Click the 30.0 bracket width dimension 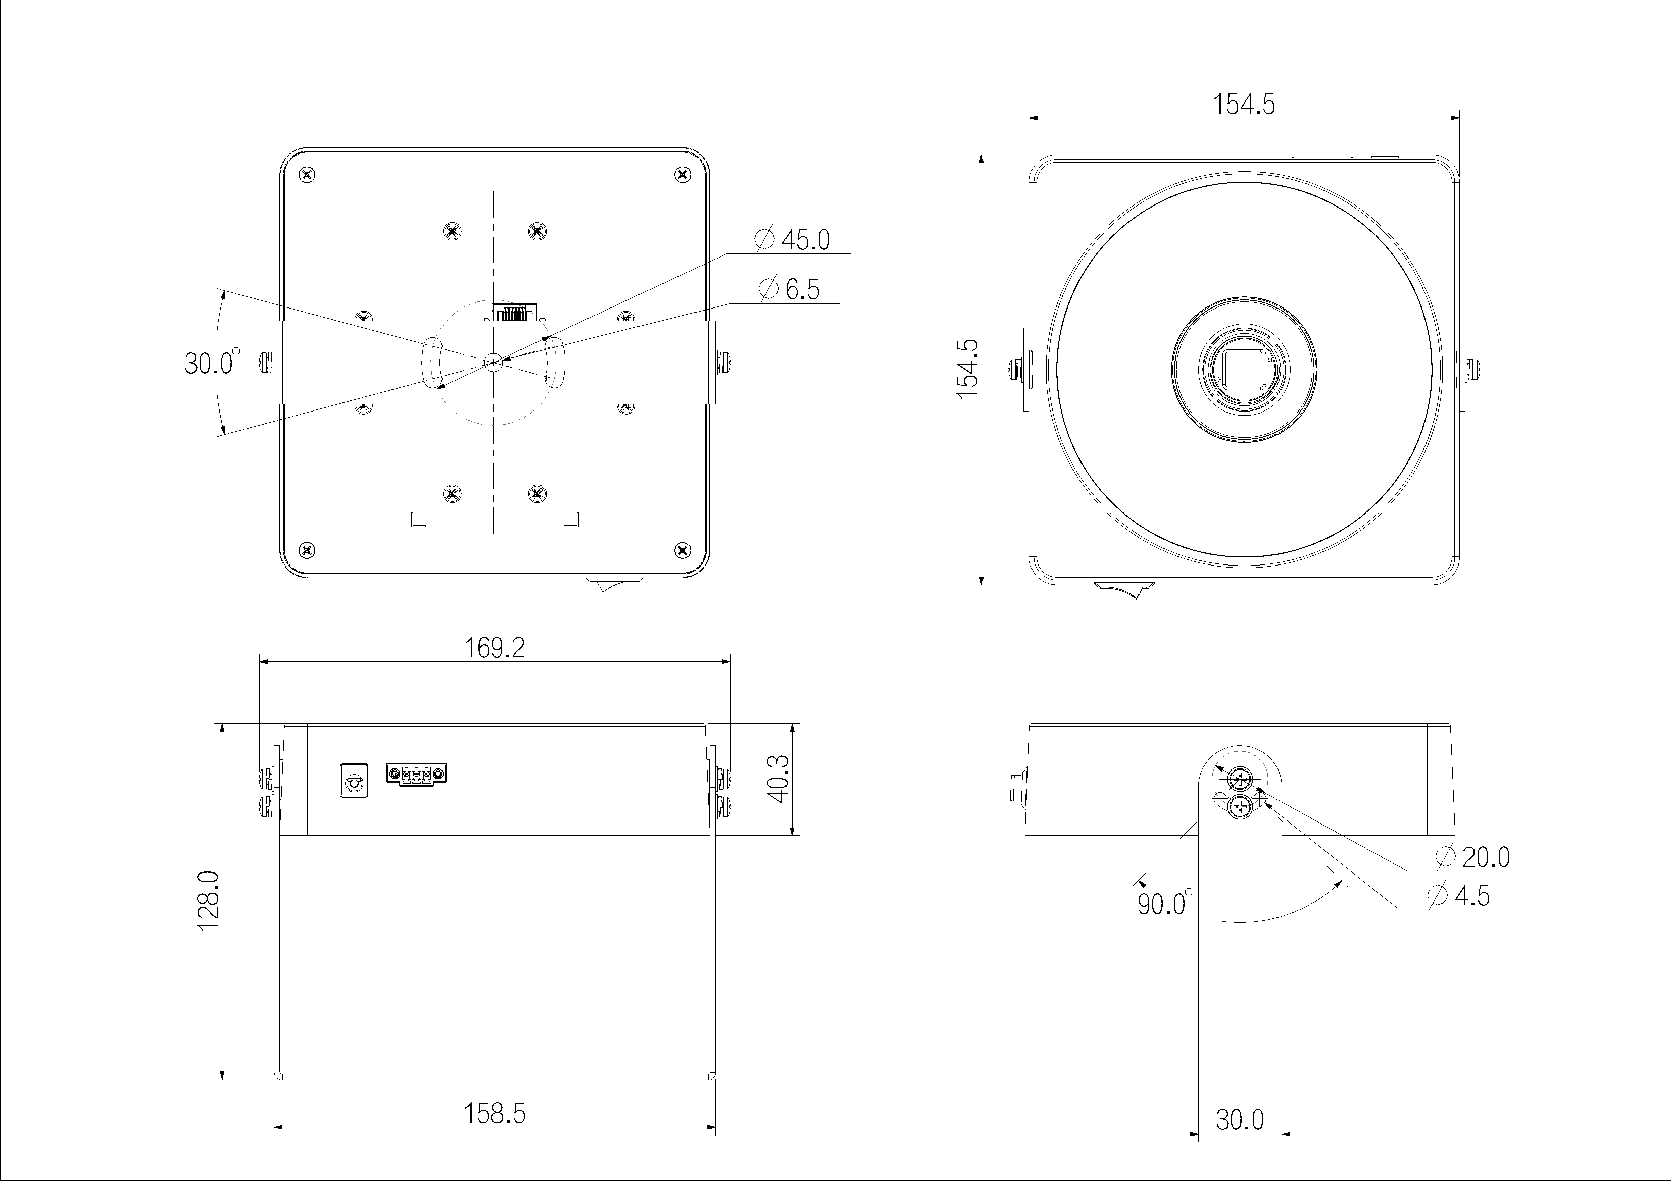1240,1119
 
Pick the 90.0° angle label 1164,903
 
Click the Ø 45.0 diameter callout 793,239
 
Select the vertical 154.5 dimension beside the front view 967,369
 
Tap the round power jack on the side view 354,781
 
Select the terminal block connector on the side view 416,774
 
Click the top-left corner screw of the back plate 308,175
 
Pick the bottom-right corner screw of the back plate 682,549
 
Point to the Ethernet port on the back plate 515,313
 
